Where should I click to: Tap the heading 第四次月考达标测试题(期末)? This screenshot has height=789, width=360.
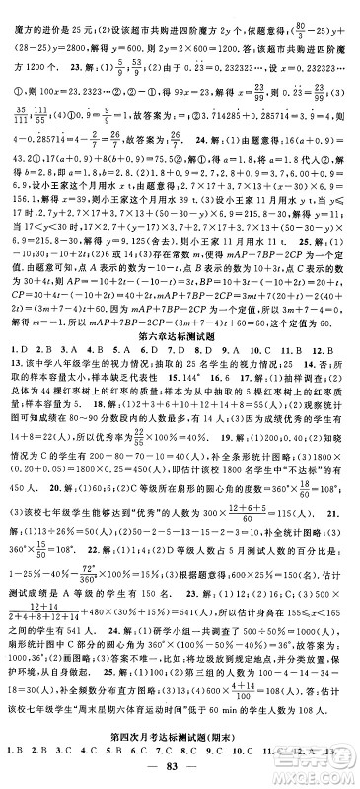pos(180,739)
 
